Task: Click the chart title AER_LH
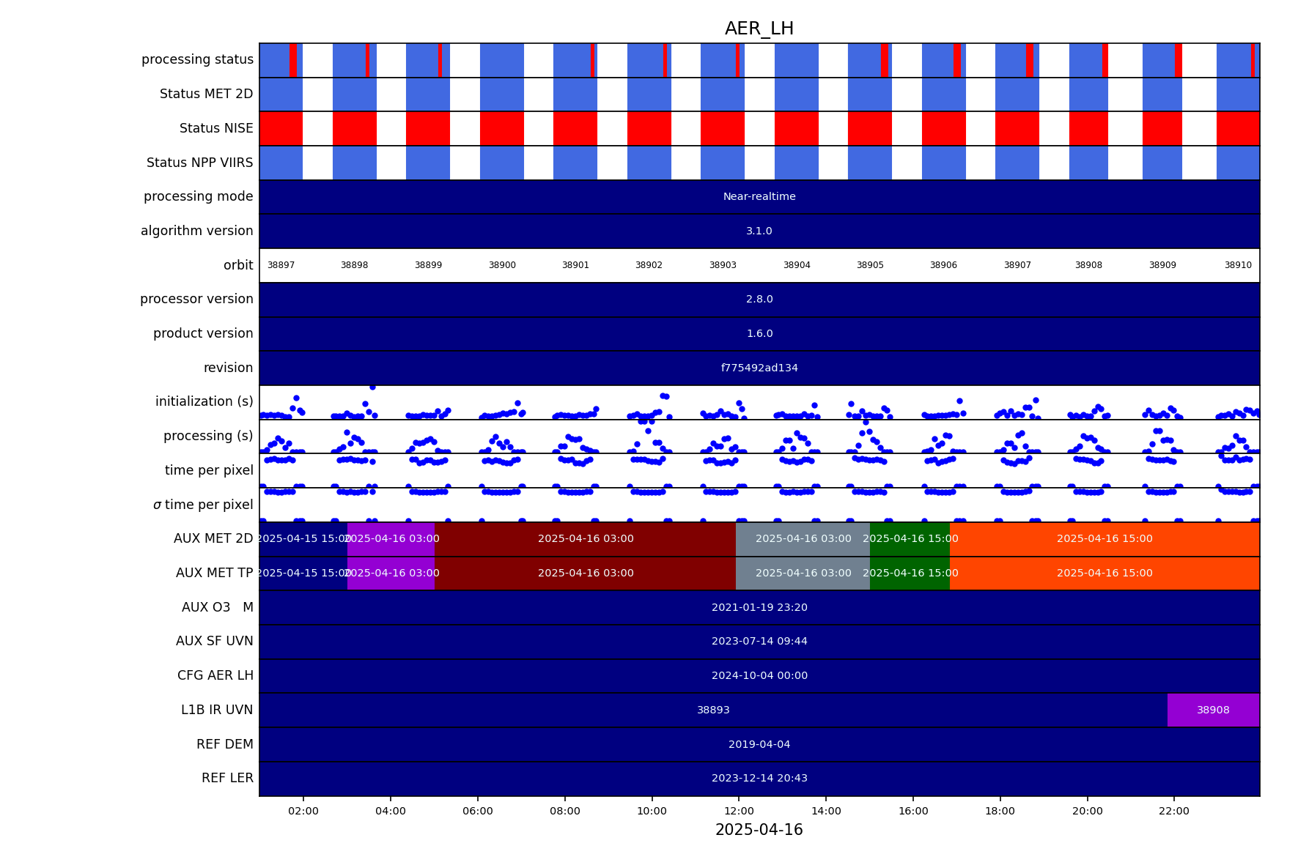(759, 29)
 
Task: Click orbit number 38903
(722, 265)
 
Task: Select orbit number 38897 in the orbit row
(281, 265)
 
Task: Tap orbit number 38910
(1238, 265)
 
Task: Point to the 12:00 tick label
(739, 811)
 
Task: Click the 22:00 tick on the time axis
(1174, 811)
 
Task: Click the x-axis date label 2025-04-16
(759, 830)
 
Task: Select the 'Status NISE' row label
(216, 128)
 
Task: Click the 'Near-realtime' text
(759, 196)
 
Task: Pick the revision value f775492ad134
(759, 368)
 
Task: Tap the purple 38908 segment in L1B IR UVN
(1213, 710)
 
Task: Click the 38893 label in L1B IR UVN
(713, 710)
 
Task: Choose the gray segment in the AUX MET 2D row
(803, 538)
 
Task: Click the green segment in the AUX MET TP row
(910, 573)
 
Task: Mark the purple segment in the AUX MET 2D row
(391, 538)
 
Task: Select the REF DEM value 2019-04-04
(759, 744)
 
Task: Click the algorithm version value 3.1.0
(759, 231)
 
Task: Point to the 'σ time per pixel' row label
(203, 505)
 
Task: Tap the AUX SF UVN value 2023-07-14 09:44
(759, 641)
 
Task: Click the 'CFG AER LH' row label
(215, 675)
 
